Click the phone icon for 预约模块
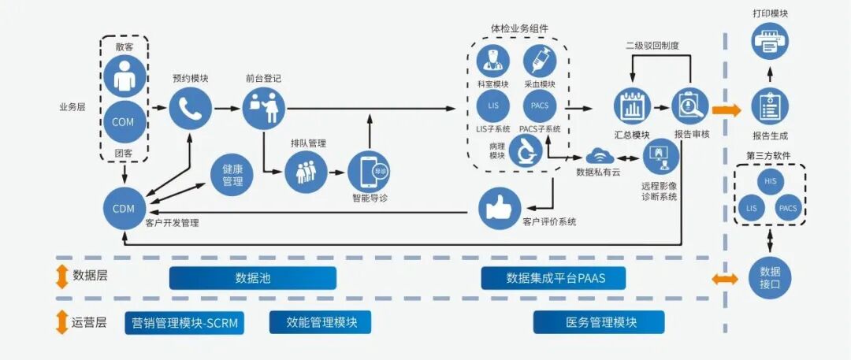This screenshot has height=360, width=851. tap(191, 108)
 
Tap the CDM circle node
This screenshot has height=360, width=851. tap(124, 209)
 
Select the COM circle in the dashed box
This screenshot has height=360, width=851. tap(123, 122)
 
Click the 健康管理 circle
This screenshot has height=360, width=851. tap(232, 176)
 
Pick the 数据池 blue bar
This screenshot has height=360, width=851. tap(253, 278)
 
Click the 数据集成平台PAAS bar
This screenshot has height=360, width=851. tap(555, 278)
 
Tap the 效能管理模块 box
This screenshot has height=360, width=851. tap(320, 322)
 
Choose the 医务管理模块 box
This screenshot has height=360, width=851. tap(599, 322)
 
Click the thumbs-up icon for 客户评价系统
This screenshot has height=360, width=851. tap(500, 208)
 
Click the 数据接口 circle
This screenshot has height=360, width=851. tap(770, 277)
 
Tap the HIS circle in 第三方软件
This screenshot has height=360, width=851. tap(770, 182)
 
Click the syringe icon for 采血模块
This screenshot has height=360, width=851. tap(540, 61)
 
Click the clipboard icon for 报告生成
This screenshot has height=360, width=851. tap(770, 107)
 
